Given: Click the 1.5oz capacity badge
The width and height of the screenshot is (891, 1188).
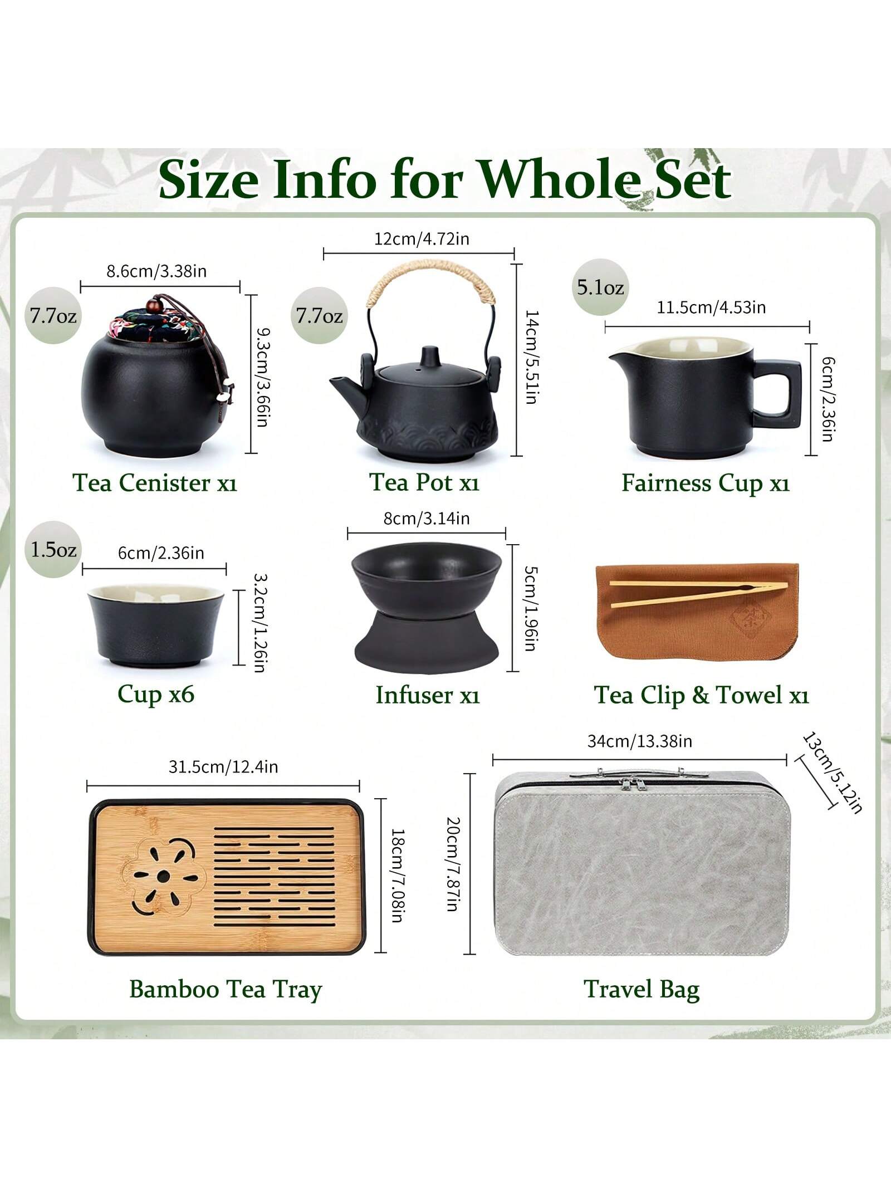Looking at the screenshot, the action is (x=53, y=550).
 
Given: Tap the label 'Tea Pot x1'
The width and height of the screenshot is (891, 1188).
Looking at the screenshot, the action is (x=424, y=482).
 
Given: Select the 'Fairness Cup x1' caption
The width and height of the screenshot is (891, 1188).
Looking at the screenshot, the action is (x=706, y=483).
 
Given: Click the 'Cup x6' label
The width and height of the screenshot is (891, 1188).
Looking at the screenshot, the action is (x=156, y=694).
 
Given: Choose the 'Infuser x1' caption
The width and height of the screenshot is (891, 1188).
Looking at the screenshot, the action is (x=428, y=695).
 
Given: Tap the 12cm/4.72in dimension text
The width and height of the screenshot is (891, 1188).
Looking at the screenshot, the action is (x=422, y=239).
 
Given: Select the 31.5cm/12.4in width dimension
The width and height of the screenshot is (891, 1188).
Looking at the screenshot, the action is (x=223, y=767).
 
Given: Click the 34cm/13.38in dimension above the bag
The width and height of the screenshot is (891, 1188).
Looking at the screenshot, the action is (x=640, y=741).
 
